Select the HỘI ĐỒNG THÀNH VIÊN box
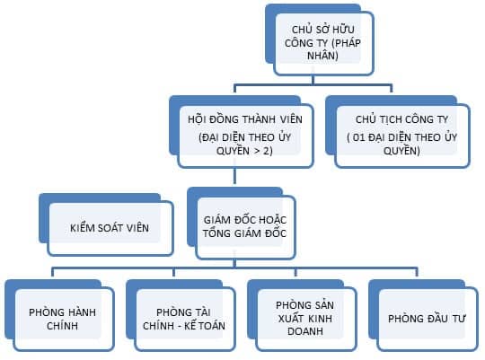point(242,132)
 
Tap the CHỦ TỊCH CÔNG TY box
point(398,132)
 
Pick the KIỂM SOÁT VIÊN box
point(106,224)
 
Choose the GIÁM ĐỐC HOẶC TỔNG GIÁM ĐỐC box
point(242,224)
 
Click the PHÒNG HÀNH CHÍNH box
point(59,315)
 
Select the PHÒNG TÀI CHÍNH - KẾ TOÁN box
point(181,315)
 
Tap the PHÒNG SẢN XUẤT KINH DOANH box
point(302,315)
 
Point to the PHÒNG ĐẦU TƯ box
point(423,315)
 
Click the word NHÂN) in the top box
point(322,56)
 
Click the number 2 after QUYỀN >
point(268,151)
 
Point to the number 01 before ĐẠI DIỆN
point(358,137)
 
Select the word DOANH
point(305,331)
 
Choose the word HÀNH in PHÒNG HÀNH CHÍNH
point(82,312)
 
